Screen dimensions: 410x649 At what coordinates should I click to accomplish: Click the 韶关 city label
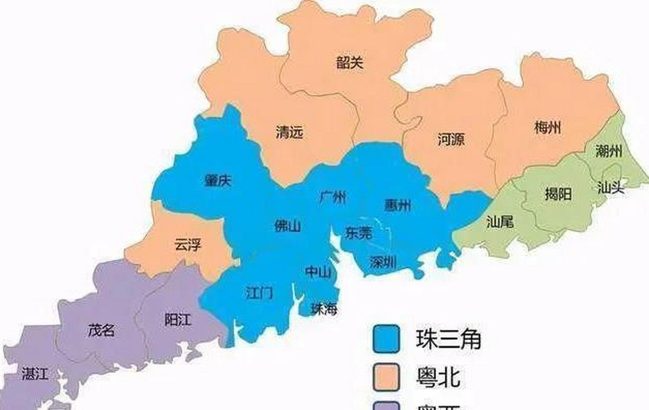tap(350, 63)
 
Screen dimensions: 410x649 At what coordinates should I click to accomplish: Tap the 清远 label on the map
tap(289, 132)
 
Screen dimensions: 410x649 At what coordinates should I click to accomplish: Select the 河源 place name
tap(451, 140)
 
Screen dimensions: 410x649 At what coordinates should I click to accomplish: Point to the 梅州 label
tap(548, 128)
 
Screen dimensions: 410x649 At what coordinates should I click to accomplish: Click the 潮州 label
tap(609, 151)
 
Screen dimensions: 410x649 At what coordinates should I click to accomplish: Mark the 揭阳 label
tap(558, 194)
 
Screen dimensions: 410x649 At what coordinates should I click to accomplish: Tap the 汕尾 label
tap(500, 221)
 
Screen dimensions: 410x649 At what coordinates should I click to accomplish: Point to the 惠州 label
tap(397, 205)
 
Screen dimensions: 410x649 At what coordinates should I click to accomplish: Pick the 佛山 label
tap(288, 226)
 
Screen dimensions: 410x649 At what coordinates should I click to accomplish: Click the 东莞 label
tap(359, 233)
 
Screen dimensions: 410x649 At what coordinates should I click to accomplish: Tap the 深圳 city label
tap(383, 263)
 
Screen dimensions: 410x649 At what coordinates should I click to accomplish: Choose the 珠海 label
tap(324, 309)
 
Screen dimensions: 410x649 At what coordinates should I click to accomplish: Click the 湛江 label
tap(35, 374)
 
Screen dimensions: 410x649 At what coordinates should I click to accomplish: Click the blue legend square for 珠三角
tap(386, 339)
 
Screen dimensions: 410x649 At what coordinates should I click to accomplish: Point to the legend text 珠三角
tap(449, 339)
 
